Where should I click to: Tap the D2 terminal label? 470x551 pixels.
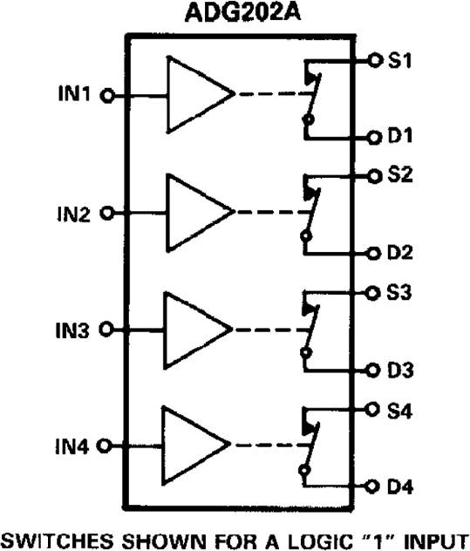coord(402,253)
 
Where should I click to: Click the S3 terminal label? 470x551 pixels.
coord(402,293)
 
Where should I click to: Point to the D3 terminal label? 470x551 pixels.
coord(402,370)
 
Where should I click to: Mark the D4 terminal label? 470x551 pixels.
coord(402,486)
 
